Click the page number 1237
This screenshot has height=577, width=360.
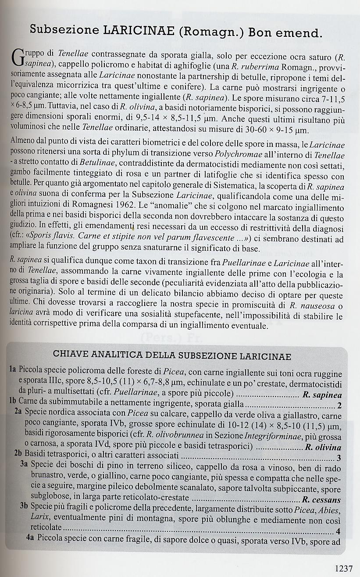[x=343, y=568]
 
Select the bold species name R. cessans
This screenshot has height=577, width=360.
[x=321, y=499]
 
